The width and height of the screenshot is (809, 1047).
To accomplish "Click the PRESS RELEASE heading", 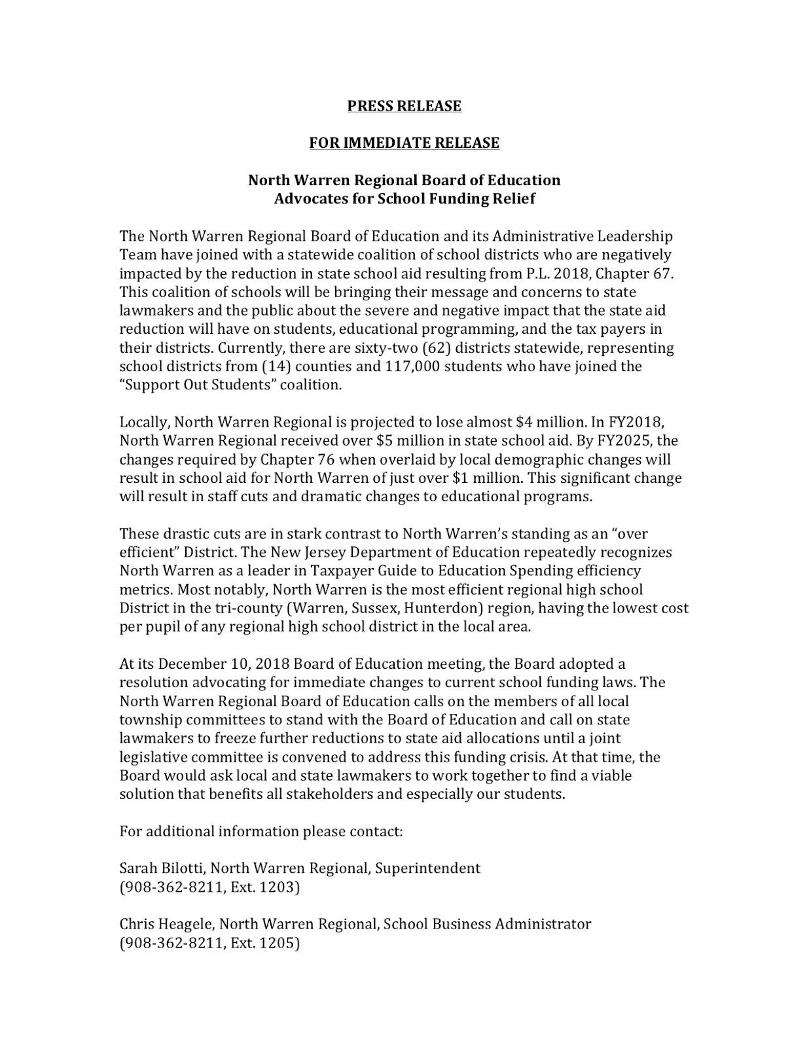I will click(404, 106).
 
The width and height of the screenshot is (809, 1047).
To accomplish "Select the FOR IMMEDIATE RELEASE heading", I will click(404, 143).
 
